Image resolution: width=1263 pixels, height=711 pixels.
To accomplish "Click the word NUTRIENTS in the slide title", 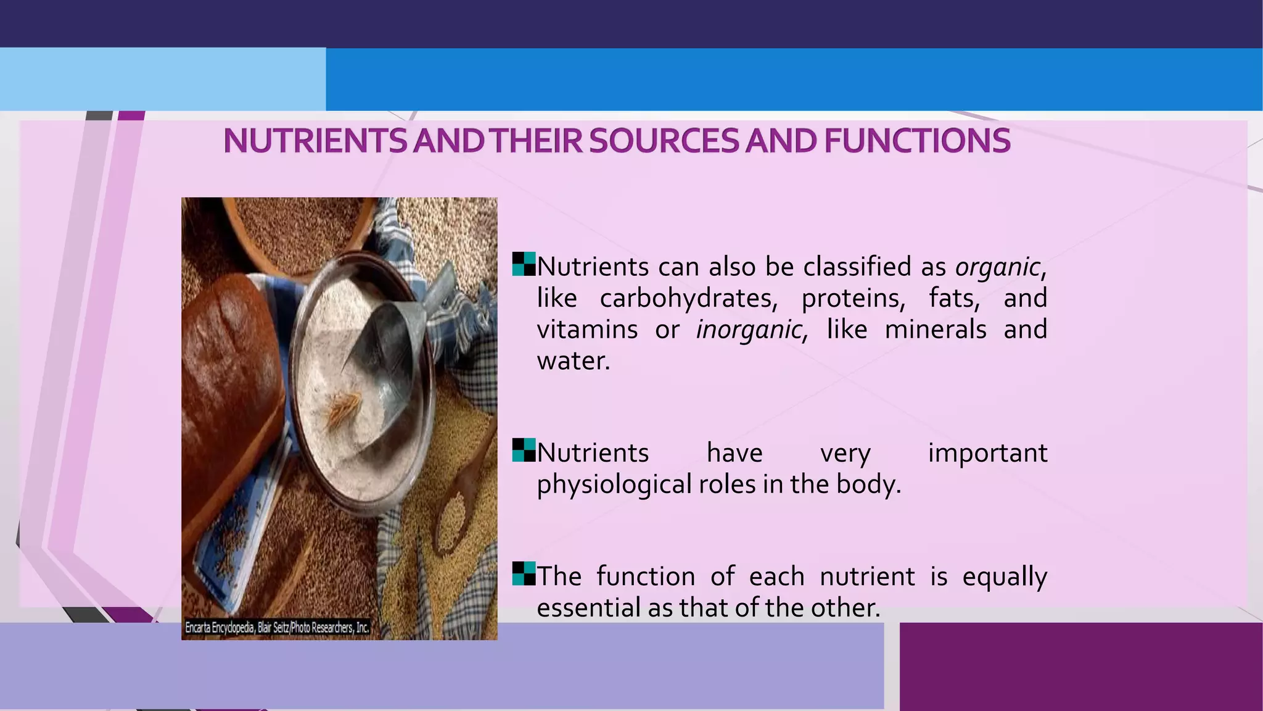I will pyautogui.click(x=315, y=141).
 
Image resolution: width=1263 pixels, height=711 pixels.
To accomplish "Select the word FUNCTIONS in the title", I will pyautogui.click(x=917, y=141).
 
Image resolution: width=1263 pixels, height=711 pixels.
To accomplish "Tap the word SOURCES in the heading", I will pyautogui.click(x=664, y=141).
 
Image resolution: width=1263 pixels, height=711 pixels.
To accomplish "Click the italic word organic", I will pyautogui.click(x=998, y=267).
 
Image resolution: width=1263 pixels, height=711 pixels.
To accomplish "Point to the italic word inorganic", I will pyautogui.click(x=750, y=330).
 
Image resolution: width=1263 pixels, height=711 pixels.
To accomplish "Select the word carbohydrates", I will pyautogui.click(x=687, y=299).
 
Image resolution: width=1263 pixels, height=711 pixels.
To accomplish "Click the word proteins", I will pyautogui.click(x=852, y=299).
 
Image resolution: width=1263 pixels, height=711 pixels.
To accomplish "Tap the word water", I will pyautogui.click(x=572, y=361).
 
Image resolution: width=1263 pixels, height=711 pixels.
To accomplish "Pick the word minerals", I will pyautogui.click(x=935, y=330).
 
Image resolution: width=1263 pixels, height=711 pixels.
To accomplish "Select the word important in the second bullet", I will pyautogui.click(x=987, y=453).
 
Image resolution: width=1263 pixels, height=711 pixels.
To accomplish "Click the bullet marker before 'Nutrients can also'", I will pyautogui.click(x=524, y=264).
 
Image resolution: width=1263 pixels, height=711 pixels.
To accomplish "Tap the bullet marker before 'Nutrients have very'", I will pyautogui.click(x=524, y=450).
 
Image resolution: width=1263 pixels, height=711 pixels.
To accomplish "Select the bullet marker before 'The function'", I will pyautogui.click(x=524, y=573).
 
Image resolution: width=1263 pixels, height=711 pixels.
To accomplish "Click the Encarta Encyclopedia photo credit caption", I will pyautogui.click(x=277, y=628).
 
